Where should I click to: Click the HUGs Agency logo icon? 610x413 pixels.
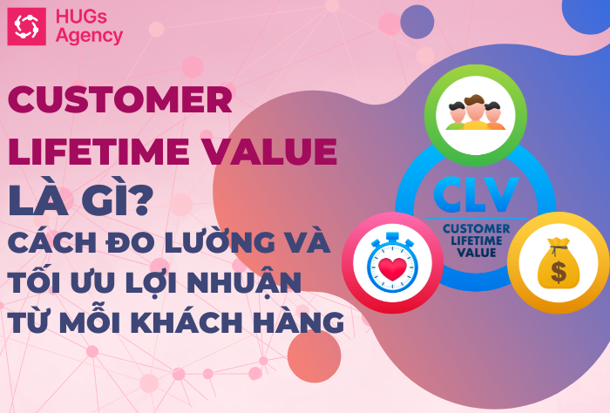26,26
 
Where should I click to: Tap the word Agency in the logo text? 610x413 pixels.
89,37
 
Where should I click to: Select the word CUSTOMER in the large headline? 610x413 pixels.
120,99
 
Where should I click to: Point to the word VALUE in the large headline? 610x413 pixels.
270,152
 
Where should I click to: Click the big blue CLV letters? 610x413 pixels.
476,194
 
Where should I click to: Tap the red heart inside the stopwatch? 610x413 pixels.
392,268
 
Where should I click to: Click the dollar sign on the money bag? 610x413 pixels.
559,272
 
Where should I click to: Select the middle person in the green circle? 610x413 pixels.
475,112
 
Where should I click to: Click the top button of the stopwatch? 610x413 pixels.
392,236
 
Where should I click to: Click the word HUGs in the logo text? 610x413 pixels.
81,17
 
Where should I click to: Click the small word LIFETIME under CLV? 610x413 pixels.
477,240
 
